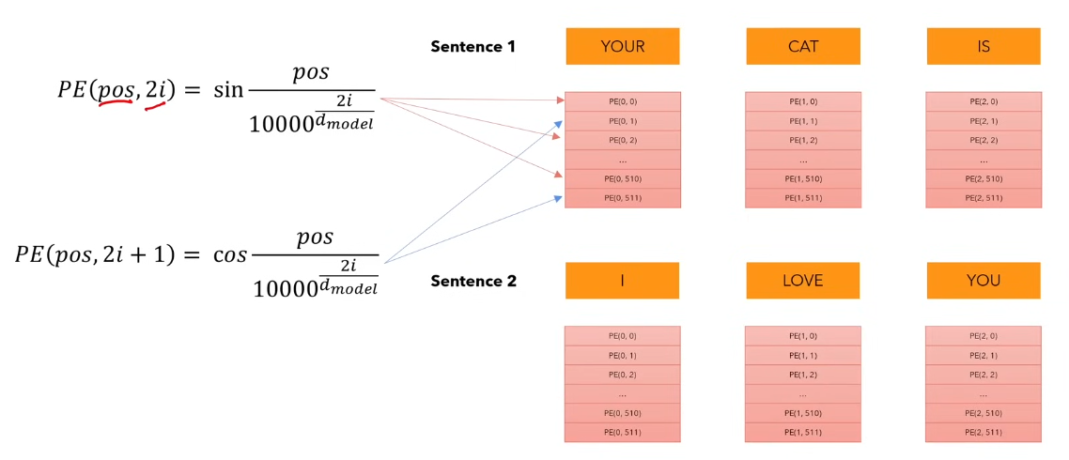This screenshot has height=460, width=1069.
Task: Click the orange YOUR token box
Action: (622, 46)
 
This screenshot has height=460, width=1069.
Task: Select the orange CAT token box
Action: (803, 46)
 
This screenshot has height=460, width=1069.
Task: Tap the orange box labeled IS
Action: (983, 46)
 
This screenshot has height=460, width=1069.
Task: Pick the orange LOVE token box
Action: (803, 280)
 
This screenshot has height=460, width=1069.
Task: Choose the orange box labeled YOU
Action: (983, 280)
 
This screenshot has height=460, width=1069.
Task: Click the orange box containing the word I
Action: (622, 280)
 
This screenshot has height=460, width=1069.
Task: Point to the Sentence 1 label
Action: (473, 46)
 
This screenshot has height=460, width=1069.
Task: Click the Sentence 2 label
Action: (473, 281)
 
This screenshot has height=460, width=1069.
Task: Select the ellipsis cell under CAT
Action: (803, 160)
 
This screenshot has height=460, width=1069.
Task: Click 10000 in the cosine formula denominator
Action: (284, 288)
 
